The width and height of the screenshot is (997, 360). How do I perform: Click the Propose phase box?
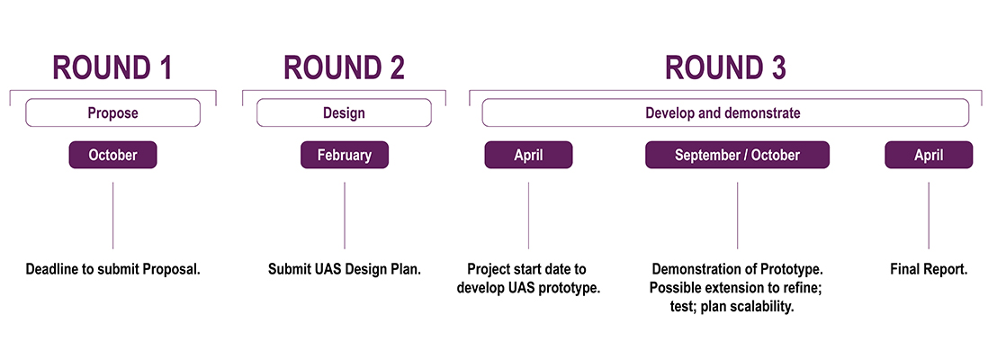click(113, 113)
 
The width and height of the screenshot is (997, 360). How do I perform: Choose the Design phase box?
click(344, 113)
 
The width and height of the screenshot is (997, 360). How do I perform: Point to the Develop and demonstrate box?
click(725, 113)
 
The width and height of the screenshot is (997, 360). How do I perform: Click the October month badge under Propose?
click(112, 155)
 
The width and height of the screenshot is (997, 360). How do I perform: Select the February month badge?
click(345, 155)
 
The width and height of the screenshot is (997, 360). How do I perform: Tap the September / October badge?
click(738, 155)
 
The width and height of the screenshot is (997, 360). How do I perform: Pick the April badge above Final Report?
click(929, 155)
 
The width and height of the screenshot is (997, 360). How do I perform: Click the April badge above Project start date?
click(528, 155)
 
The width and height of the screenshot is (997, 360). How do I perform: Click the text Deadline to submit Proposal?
click(113, 269)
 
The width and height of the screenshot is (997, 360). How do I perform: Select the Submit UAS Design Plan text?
click(345, 269)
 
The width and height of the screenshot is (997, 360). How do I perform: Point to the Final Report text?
click(929, 269)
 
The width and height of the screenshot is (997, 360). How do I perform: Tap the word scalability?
click(762, 307)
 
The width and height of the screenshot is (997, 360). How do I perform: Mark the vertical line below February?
click(345, 216)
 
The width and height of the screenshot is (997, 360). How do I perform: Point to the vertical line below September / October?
click(738, 216)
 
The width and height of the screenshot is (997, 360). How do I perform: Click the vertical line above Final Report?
click(929, 216)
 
